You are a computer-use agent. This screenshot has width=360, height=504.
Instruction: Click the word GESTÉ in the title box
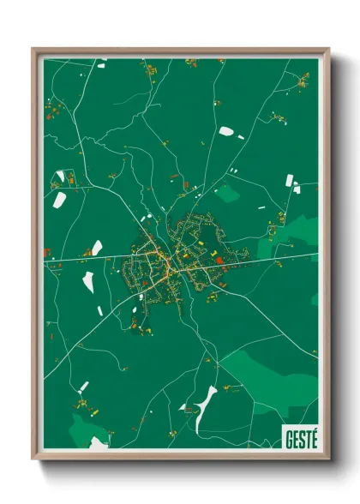coord(299,436)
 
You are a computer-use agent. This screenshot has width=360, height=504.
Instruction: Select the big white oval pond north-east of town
coord(225,131)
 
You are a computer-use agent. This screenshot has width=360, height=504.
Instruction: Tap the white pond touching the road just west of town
coord(97,248)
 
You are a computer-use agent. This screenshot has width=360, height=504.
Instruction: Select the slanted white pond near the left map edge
coord(60,200)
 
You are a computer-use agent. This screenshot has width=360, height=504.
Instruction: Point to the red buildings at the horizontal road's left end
coord(47,252)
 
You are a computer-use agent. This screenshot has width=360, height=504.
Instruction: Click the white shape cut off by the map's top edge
coord(100,62)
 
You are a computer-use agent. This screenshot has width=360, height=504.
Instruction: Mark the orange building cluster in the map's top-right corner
coord(303,81)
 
